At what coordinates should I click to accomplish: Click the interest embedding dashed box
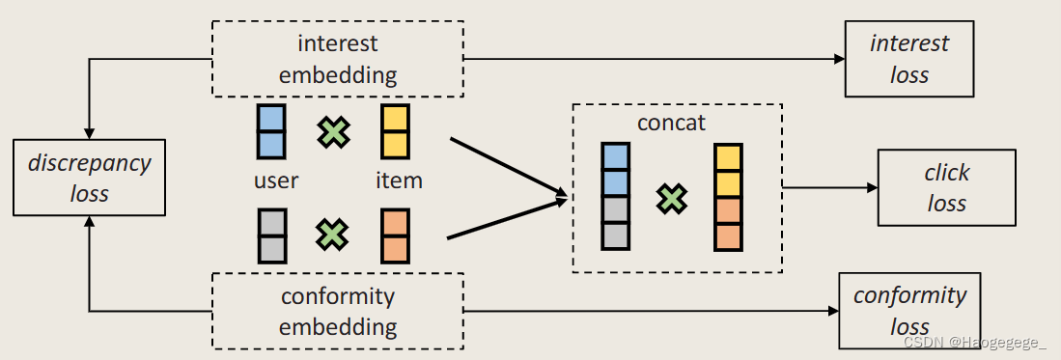pyautogui.click(x=337, y=59)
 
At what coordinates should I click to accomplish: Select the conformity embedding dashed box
pyautogui.click(x=337, y=311)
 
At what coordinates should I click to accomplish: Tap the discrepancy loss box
pyautogui.click(x=89, y=178)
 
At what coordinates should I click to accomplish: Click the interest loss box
pyautogui.click(x=908, y=59)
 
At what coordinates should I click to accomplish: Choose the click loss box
pyautogui.click(x=946, y=187)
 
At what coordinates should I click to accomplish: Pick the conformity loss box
pyautogui.click(x=908, y=310)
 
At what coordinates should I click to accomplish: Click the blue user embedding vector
pyautogui.click(x=271, y=131)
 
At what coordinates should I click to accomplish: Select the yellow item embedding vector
pyautogui.click(x=395, y=131)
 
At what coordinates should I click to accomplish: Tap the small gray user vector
pyautogui.click(x=271, y=235)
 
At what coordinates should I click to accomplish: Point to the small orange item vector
pyautogui.click(x=395, y=235)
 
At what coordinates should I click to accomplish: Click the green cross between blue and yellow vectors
pyautogui.click(x=333, y=132)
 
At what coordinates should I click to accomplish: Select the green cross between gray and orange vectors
pyautogui.click(x=333, y=235)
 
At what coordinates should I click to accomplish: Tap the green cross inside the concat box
pyautogui.click(x=672, y=199)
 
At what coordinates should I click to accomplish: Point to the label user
pyautogui.click(x=276, y=180)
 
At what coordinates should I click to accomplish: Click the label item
pyautogui.click(x=399, y=180)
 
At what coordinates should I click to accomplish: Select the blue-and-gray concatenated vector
pyautogui.click(x=615, y=196)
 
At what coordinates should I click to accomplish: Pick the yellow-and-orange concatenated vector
pyautogui.click(x=728, y=196)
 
